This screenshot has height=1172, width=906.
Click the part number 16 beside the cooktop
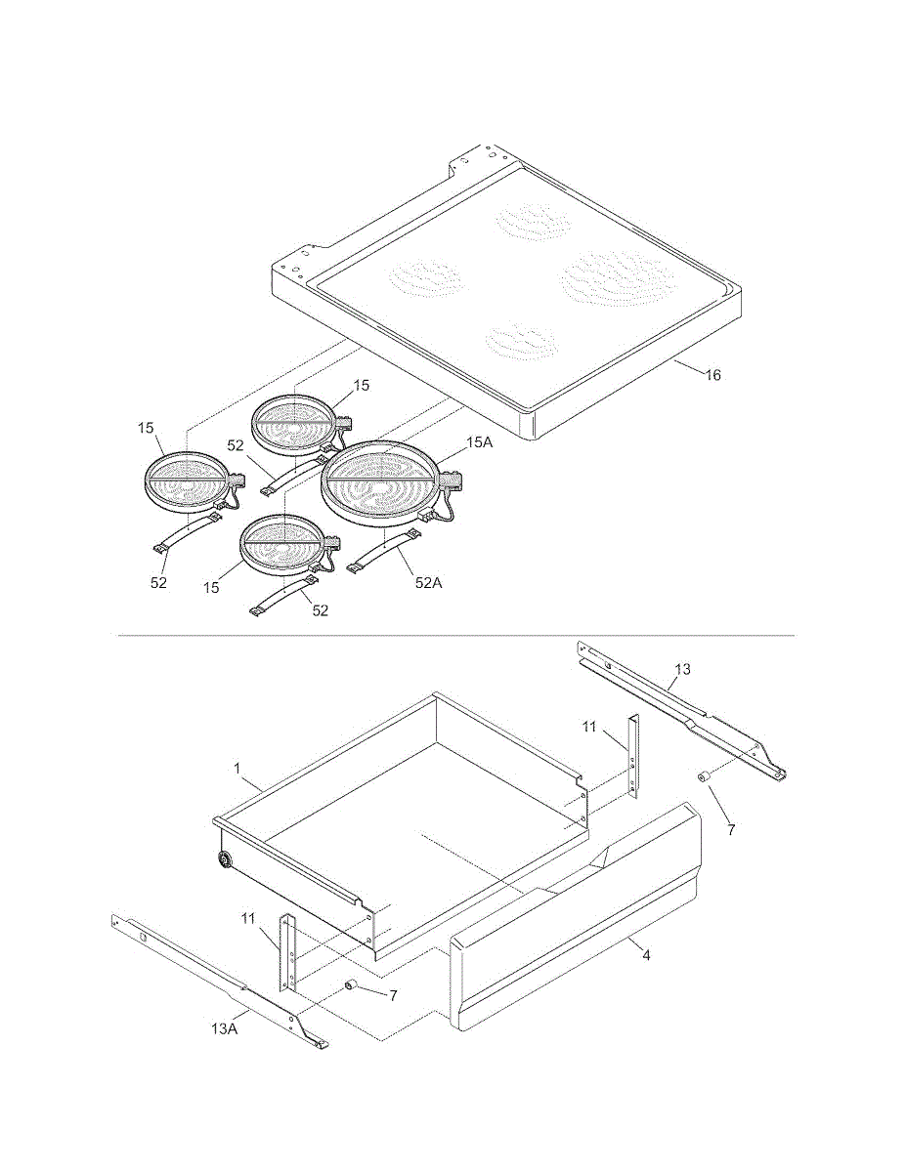[x=712, y=374]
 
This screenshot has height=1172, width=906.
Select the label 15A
[x=480, y=442]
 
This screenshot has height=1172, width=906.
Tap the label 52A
[x=429, y=582]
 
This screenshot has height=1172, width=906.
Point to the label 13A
[x=225, y=1029]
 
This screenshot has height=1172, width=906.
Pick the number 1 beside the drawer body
[x=237, y=769]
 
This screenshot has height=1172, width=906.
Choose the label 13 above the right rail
[x=682, y=669]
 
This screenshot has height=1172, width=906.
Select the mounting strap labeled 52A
[x=384, y=550]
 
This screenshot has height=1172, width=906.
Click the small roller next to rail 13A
[x=350, y=985]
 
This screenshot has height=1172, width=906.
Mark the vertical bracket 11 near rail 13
[x=633, y=757]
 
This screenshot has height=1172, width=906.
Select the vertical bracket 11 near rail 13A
[x=286, y=959]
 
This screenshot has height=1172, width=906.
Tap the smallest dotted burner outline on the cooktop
[x=521, y=341]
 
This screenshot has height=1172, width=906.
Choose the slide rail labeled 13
[x=682, y=709]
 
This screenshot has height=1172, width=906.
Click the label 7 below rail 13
[x=731, y=829]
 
